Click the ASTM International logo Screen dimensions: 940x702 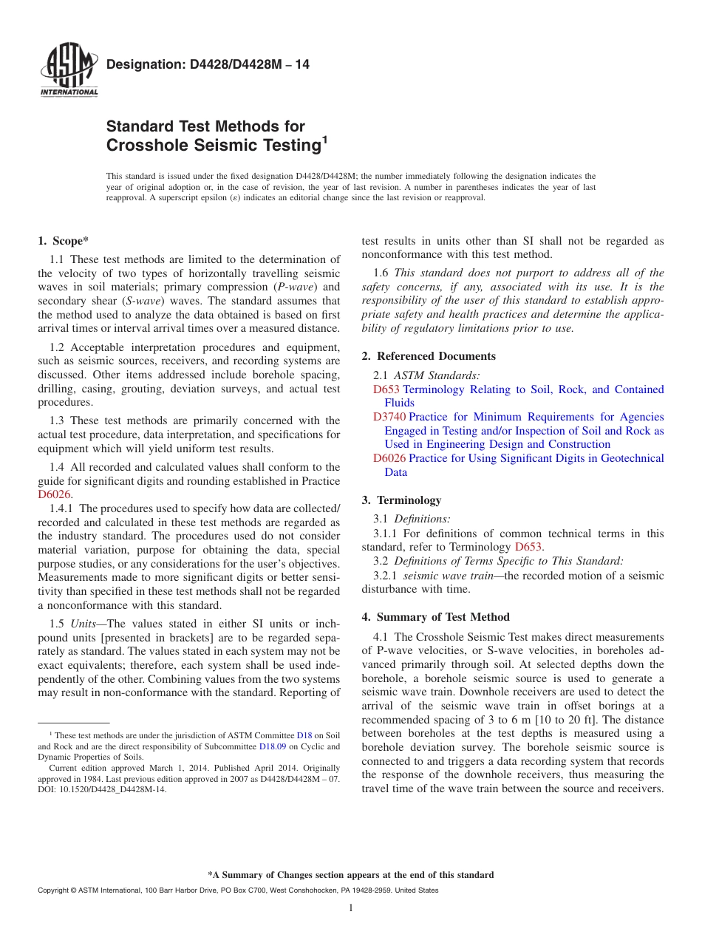pos(69,71)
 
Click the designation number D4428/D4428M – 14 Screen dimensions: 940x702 pos(208,65)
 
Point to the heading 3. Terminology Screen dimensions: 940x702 pos(401,500)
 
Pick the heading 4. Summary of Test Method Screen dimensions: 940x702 pos(435,617)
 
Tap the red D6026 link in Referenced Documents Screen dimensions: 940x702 pos(389,458)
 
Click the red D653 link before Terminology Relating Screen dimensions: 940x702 pos(386,389)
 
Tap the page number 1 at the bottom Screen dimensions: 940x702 pos(351,908)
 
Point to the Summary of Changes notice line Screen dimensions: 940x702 pos(351,875)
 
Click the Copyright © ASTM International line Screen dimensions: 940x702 pos(237,890)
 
